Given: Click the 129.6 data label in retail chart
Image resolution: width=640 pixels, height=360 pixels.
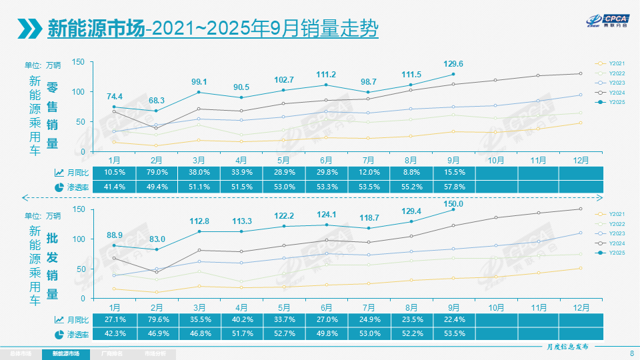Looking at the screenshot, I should [x=453, y=64].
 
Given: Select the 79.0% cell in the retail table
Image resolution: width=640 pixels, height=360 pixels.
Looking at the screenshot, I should [x=156, y=173].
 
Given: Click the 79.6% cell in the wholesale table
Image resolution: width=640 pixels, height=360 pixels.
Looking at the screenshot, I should [x=156, y=319].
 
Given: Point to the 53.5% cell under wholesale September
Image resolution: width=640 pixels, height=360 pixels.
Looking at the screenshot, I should [x=453, y=333].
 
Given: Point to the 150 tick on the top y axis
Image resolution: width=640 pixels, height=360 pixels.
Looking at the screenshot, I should [x=78, y=62].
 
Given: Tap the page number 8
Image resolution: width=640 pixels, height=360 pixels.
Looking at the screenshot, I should [x=631, y=353].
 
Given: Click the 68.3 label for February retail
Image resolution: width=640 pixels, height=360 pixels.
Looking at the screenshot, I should [x=156, y=100].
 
